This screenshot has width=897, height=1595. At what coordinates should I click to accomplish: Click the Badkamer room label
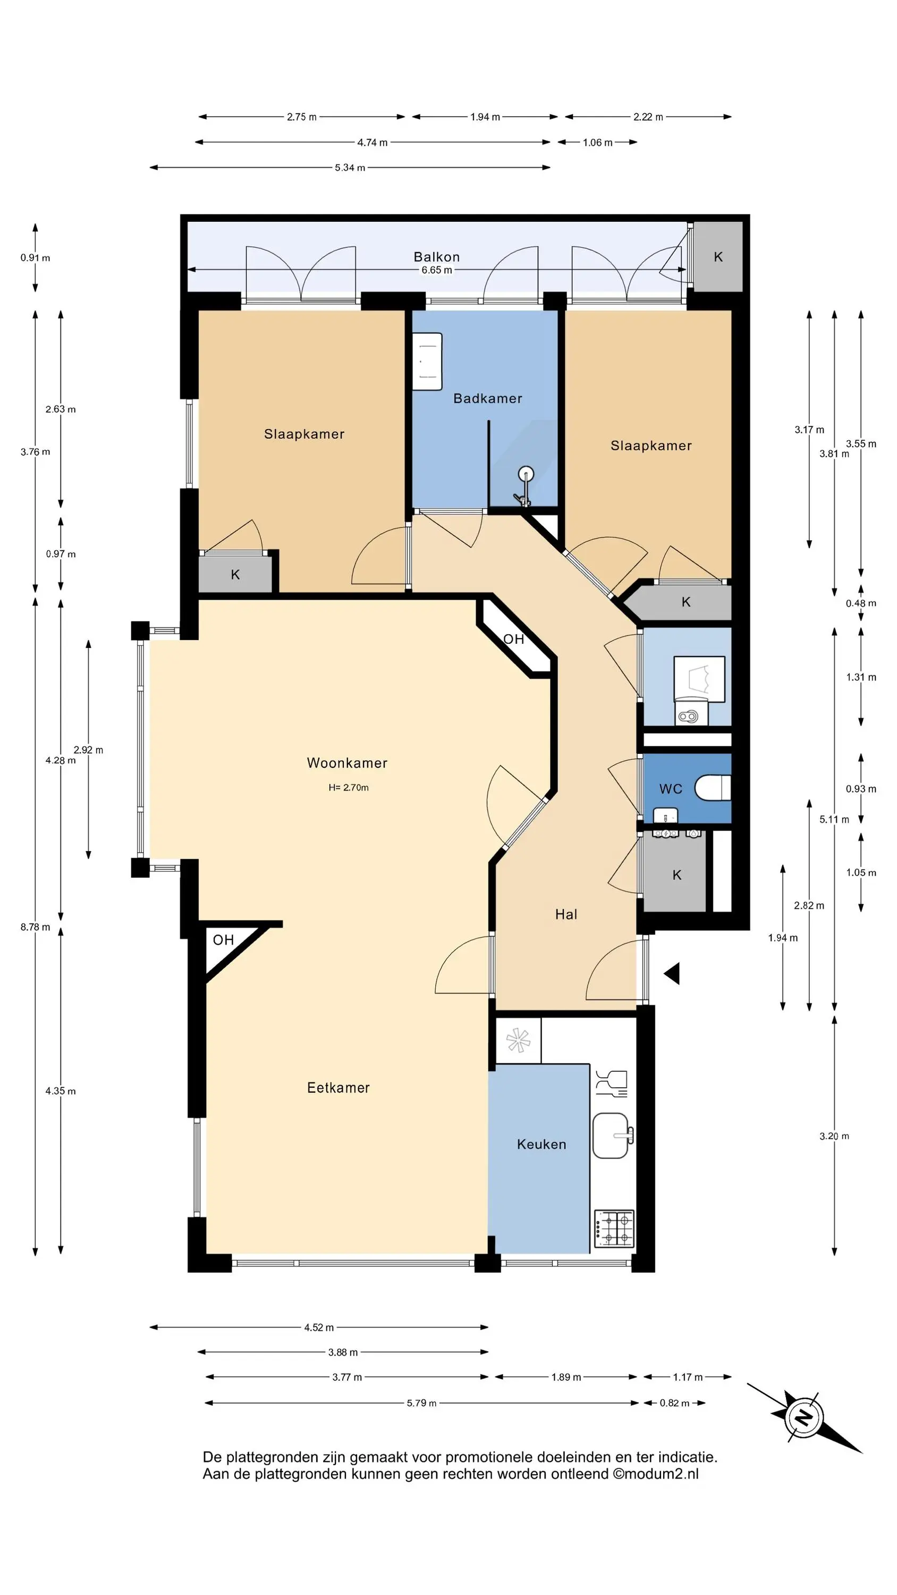pyautogui.click(x=487, y=398)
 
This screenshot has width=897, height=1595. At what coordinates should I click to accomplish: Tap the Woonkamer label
pyautogui.click(x=348, y=763)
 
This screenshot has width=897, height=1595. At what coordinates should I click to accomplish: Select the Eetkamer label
pyautogui.click(x=339, y=1088)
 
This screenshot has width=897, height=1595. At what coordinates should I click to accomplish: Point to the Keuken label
pyautogui.click(x=541, y=1144)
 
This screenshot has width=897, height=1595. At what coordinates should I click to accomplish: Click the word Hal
pyautogui.click(x=566, y=914)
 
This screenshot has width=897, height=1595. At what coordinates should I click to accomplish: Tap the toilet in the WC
pyautogui.click(x=713, y=788)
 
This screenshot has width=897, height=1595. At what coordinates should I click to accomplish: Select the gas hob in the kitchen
pyautogui.click(x=614, y=1229)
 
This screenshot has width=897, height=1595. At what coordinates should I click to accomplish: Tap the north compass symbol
pyautogui.click(x=803, y=1417)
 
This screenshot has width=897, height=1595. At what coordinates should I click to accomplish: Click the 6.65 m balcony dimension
pyautogui.click(x=436, y=270)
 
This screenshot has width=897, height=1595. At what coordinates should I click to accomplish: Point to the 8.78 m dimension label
pyautogui.click(x=35, y=927)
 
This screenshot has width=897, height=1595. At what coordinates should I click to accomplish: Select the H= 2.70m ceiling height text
pyautogui.click(x=349, y=787)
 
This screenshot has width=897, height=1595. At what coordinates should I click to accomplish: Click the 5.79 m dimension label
pyautogui.click(x=421, y=1403)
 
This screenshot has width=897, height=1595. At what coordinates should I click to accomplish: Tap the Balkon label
pyautogui.click(x=436, y=256)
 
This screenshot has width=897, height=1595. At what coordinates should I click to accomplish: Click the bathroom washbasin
pyautogui.click(x=427, y=362)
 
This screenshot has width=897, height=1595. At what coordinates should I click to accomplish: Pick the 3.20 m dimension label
pyautogui.click(x=834, y=1136)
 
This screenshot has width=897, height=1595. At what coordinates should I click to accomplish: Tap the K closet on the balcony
pyautogui.click(x=718, y=257)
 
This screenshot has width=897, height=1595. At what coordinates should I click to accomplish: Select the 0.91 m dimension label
pyautogui.click(x=35, y=257)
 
